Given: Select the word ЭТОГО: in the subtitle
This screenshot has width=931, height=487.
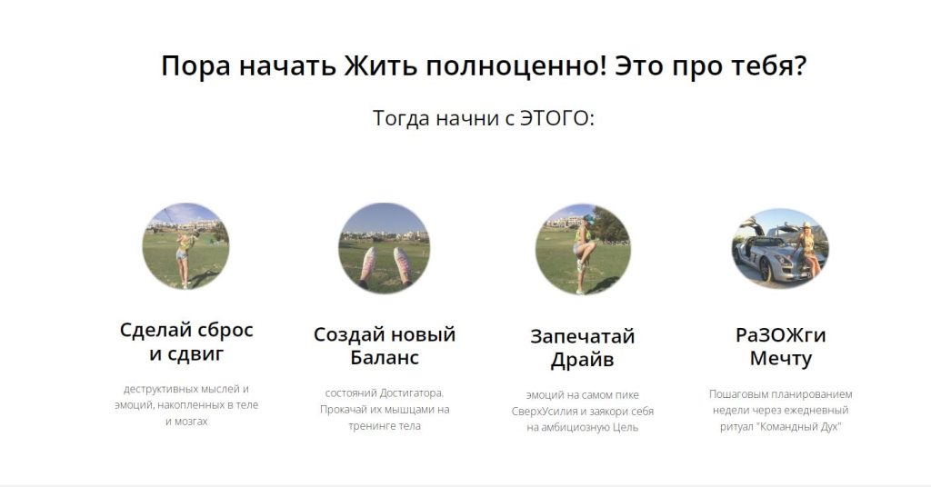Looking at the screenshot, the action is [557, 118].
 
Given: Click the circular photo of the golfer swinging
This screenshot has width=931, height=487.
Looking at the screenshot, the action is [185, 245].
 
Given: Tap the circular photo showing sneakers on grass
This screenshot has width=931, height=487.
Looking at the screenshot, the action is [385, 247].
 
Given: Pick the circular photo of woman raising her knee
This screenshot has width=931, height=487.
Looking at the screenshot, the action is [583, 249].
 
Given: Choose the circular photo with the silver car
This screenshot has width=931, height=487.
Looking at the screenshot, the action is [780, 248].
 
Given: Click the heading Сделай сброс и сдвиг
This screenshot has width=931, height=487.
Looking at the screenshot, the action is [186, 342].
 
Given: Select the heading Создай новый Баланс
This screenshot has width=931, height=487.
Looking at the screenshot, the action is [385, 346].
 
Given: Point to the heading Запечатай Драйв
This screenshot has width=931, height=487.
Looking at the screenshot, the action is [583, 348].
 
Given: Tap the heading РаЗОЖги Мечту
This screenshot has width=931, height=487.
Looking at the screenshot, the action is [780, 346].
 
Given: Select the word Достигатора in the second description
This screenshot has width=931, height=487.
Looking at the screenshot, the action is [412, 393].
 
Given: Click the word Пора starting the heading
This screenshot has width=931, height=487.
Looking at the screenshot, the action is [195, 66].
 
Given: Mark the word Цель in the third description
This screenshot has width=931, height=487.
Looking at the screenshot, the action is [626, 427].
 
